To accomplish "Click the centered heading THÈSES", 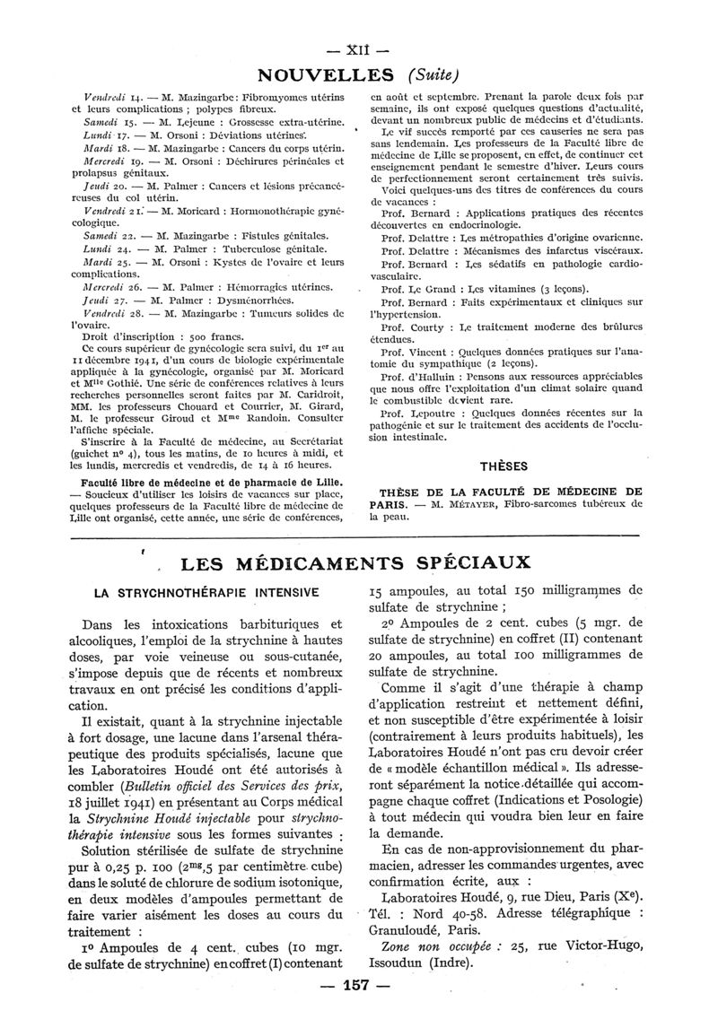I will pos(503,467).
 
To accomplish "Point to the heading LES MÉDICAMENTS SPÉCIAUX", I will pos(356,563).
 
